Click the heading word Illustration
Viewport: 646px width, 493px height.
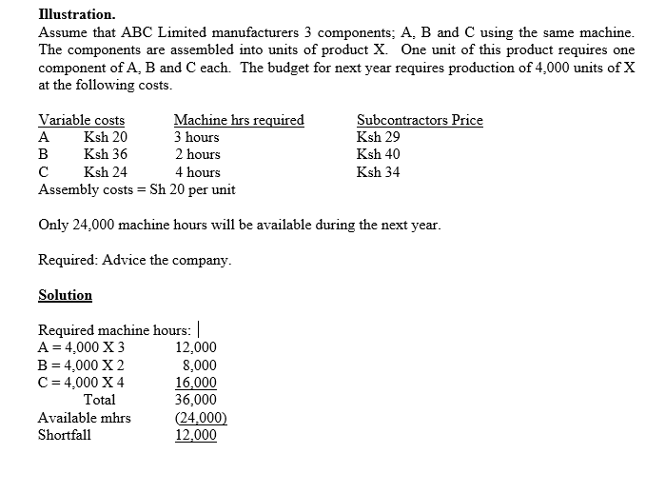tap(77, 15)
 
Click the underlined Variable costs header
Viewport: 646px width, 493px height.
tap(81, 120)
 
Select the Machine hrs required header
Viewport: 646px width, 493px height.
tap(239, 120)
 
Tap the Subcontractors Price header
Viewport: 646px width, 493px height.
tap(420, 120)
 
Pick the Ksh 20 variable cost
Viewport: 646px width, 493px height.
tap(106, 137)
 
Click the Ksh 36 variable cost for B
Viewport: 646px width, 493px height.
tap(106, 154)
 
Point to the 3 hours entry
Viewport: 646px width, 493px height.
tap(197, 137)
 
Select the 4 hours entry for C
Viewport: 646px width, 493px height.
tap(197, 172)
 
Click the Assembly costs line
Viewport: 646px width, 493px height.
tap(137, 189)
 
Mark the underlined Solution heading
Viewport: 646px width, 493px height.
tap(65, 295)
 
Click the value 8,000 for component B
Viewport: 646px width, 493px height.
tap(199, 365)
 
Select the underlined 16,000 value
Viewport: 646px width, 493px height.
tap(196, 383)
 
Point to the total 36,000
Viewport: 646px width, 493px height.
tap(196, 400)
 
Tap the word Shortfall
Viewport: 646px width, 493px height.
tap(65, 435)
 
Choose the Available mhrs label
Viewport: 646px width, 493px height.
tap(85, 418)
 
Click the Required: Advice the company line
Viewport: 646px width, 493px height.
tap(134, 260)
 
